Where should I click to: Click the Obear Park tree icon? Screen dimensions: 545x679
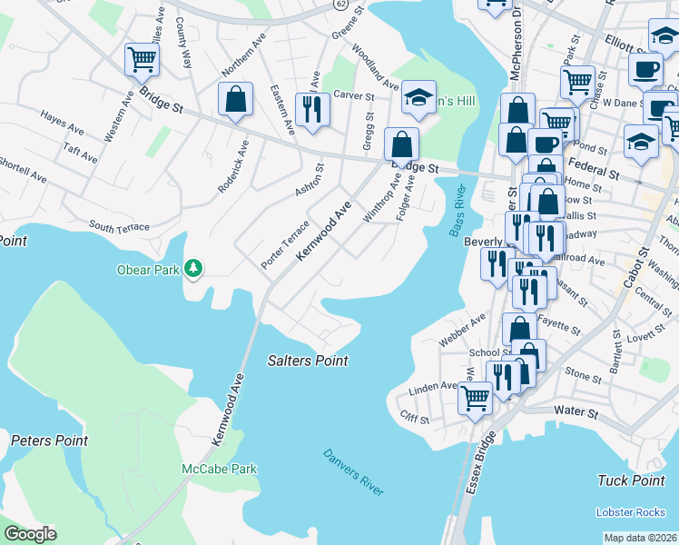pos(192,268)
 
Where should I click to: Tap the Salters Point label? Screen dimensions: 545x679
pos(308,361)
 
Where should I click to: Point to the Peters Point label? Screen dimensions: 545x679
pos(49,441)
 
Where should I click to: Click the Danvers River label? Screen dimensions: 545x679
pos(354,472)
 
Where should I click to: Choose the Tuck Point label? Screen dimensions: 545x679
pos(632,480)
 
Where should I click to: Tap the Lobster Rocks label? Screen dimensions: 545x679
pos(631,512)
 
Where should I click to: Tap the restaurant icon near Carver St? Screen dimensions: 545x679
pos(312,110)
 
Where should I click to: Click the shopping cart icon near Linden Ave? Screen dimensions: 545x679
pos(475,396)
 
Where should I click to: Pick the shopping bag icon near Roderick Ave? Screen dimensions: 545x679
pos(235,100)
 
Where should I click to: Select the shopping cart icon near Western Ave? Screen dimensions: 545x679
pos(142,60)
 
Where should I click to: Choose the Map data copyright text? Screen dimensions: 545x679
pos(641,538)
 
